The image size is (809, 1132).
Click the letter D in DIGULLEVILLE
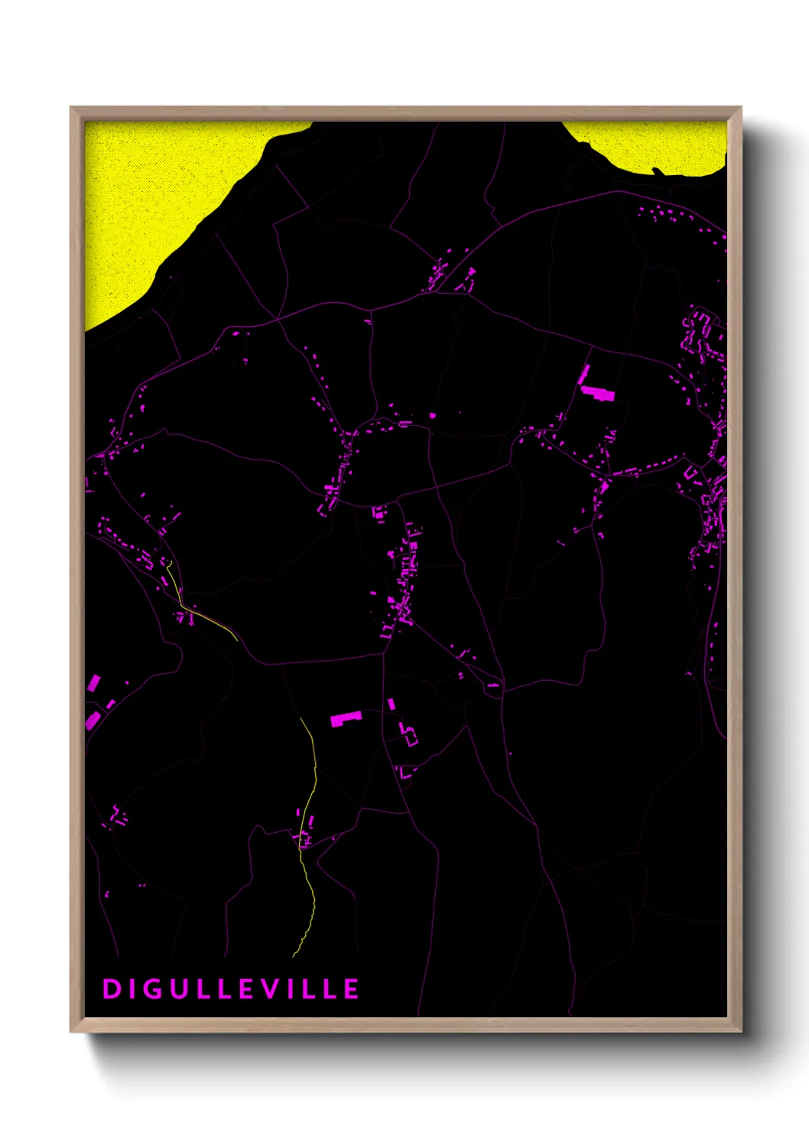[x=112, y=989]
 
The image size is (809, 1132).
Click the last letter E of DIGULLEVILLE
[x=351, y=989]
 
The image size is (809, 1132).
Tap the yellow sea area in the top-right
[x=650, y=145]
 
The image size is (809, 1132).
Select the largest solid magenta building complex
[x=599, y=394]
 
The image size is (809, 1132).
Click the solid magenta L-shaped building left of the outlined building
[x=345, y=718]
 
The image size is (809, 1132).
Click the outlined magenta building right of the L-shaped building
[x=409, y=734]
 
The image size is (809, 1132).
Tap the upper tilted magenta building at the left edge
[x=93, y=682]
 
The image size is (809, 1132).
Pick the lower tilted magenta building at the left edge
[x=93, y=720]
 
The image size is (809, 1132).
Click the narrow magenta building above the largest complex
[x=584, y=374]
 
